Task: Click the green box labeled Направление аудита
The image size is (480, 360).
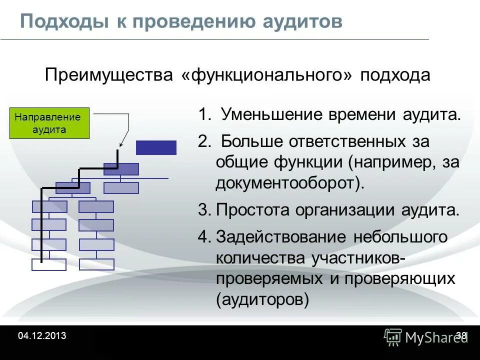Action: coord(49,123)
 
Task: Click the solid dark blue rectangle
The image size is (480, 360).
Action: coord(156,148)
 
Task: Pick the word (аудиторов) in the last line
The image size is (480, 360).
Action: coord(263,300)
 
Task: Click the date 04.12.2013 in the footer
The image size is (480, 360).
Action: coord(42,336)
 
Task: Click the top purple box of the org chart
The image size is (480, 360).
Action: coord(121,169)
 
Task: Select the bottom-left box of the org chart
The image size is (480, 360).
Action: coord(49,264)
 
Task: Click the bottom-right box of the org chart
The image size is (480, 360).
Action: coord(96,264)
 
